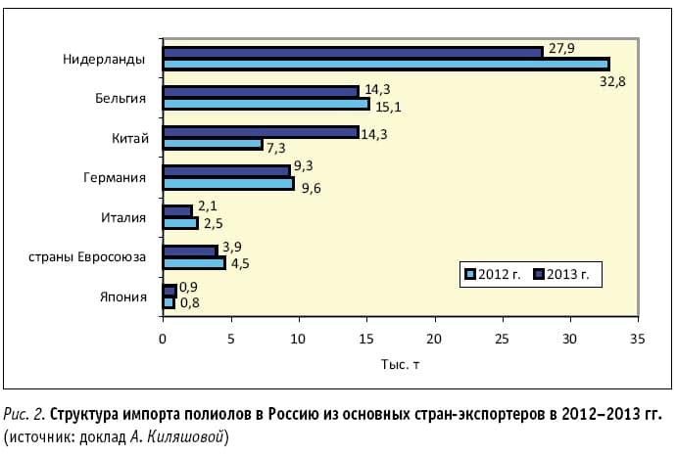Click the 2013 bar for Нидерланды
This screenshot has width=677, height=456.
353,52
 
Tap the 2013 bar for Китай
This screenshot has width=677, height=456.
261,131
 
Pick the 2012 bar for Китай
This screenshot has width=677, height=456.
213,144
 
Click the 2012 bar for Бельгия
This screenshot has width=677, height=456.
266,104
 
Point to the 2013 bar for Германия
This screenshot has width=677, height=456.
226,170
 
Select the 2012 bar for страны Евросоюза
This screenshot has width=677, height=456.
194,262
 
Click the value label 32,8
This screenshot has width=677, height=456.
612,81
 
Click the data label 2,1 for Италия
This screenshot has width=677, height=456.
207,205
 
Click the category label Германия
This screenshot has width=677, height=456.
117,177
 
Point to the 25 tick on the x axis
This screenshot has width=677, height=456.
502,339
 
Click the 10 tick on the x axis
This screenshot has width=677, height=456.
298,339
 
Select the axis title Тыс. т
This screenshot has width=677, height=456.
400,364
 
